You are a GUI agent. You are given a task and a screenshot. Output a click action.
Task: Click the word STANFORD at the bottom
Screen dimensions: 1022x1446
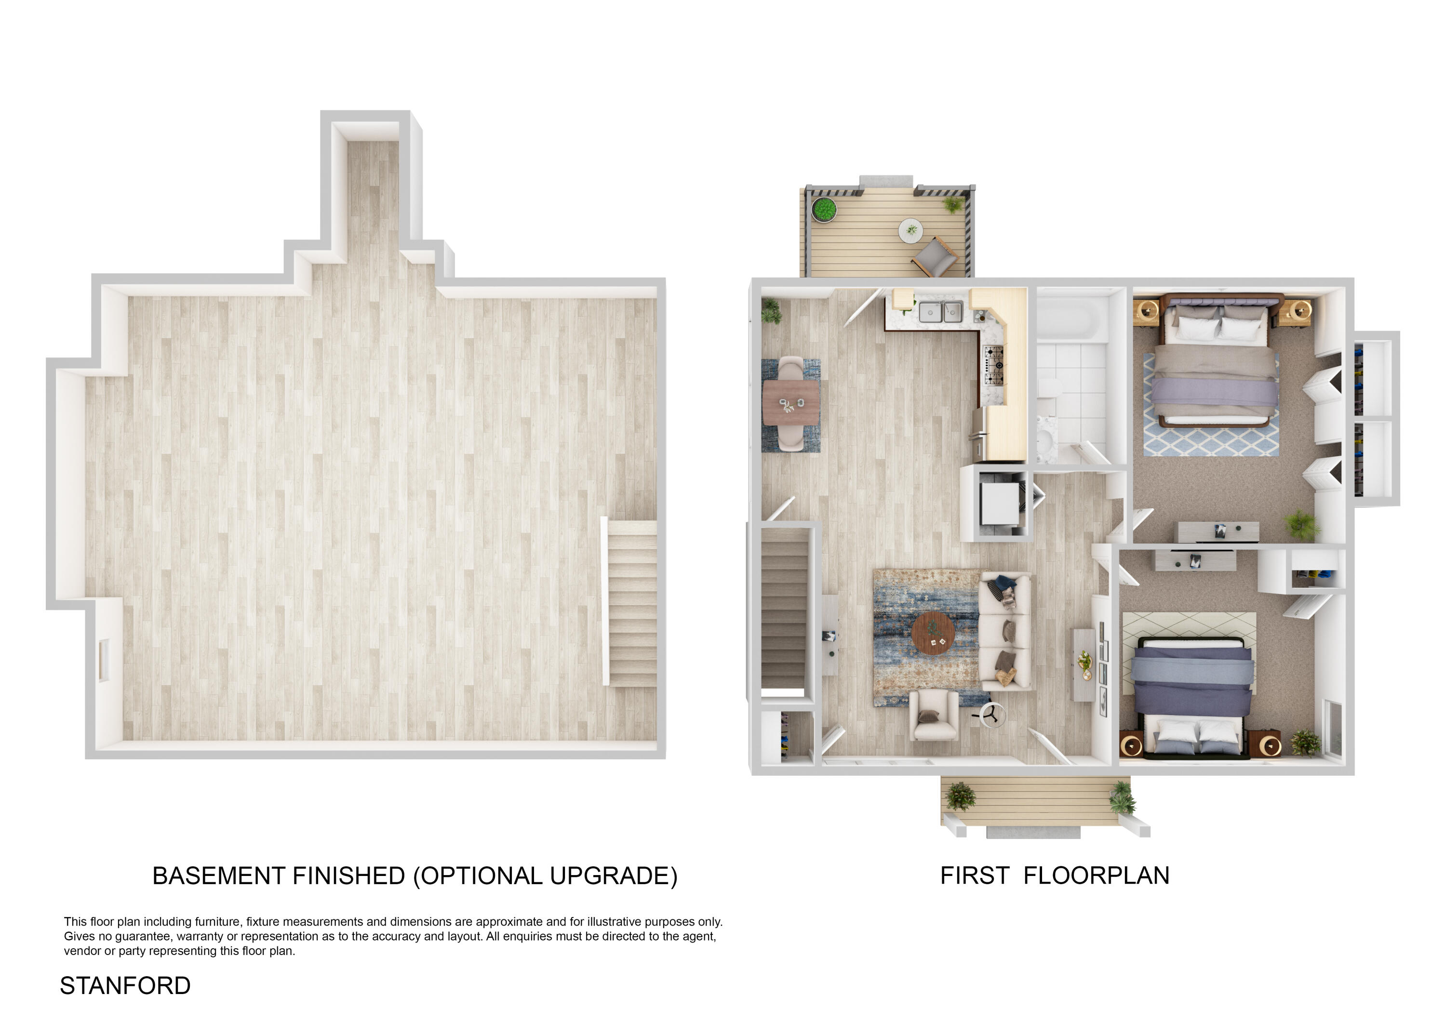[125, 985]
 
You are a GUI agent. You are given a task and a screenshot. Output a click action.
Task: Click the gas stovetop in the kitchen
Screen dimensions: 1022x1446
[994, 365]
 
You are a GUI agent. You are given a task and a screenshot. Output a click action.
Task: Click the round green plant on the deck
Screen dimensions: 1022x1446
[823, 209]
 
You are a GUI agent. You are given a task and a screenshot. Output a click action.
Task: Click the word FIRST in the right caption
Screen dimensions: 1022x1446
[974, 876]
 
